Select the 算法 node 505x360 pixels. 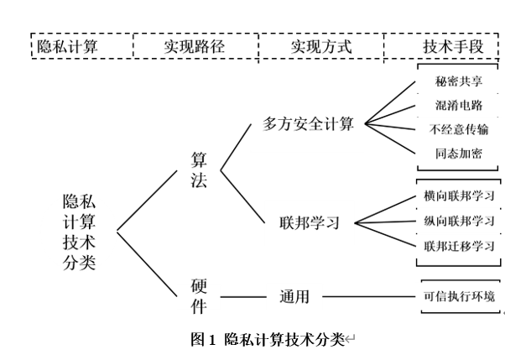[x=200, y=170]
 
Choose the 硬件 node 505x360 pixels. [x=200, y=296]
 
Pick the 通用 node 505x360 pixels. [x=295, y=296]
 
